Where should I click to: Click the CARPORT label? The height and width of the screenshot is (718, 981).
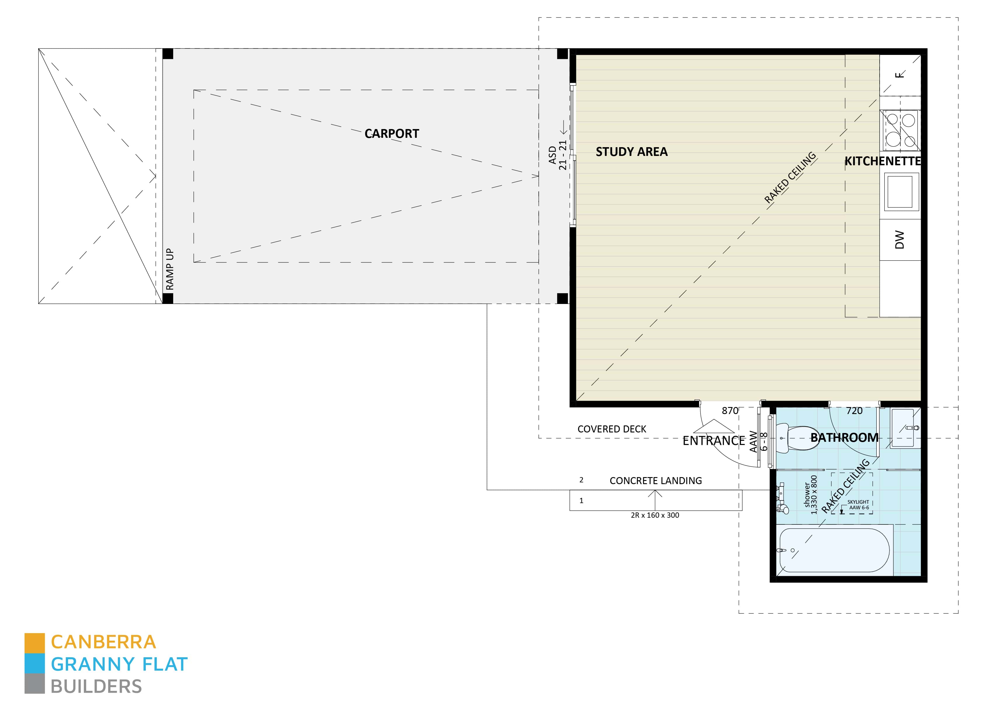tap(391, 133)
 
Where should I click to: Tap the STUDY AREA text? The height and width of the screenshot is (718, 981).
tap(631, 152)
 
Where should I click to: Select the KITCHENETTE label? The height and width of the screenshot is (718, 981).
tap(882, 161)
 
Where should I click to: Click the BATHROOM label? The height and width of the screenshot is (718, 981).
tap(844, 438)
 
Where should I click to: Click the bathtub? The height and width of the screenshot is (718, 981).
tap(834, 550)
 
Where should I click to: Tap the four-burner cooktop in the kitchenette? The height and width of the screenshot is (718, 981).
tap(899, 130)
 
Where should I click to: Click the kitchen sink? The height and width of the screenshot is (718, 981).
tap(900, 192)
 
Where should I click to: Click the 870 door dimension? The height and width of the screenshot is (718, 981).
tap(730, 411)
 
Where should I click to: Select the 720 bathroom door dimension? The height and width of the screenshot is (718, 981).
tap(854, 411)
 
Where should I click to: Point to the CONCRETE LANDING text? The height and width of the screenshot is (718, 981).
tap(655, 481)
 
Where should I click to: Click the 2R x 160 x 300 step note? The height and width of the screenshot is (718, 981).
tap(654, 515)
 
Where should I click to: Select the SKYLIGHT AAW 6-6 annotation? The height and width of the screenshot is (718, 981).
tap(858, 505)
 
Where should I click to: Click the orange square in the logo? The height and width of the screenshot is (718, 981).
tap(34, 643)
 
